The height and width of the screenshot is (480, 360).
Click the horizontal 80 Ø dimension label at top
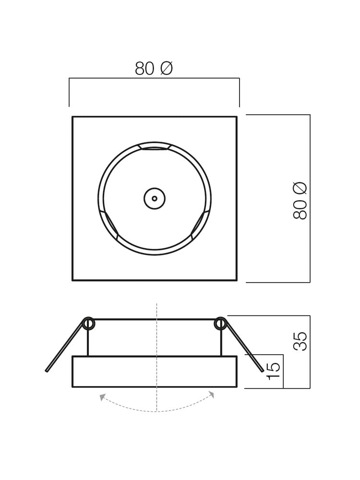point(154,69)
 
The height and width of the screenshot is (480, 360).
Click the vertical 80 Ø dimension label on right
point(300,201)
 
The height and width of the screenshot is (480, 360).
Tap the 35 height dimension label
point(300,341)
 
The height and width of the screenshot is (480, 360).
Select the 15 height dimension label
point(273,371)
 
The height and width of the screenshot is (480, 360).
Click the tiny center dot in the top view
point(155,198)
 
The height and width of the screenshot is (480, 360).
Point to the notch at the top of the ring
point(155,146)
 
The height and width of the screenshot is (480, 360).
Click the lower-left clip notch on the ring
point(109,224)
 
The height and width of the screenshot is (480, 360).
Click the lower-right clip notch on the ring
point(200,224)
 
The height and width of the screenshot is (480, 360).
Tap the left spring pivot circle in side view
point(88,324)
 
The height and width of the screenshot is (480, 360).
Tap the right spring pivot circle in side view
point(220,324)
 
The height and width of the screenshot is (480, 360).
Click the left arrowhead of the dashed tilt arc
point(102,397)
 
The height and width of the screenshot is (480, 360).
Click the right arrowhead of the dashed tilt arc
point(212,395)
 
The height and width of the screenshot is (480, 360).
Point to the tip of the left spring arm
point(47,371)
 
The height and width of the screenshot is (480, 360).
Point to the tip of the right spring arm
point(263,371)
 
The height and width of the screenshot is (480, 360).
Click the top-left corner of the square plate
point(72,117)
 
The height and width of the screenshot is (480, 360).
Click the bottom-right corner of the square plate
point(237,280)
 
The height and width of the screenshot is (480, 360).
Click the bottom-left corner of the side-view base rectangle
point(72,387)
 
